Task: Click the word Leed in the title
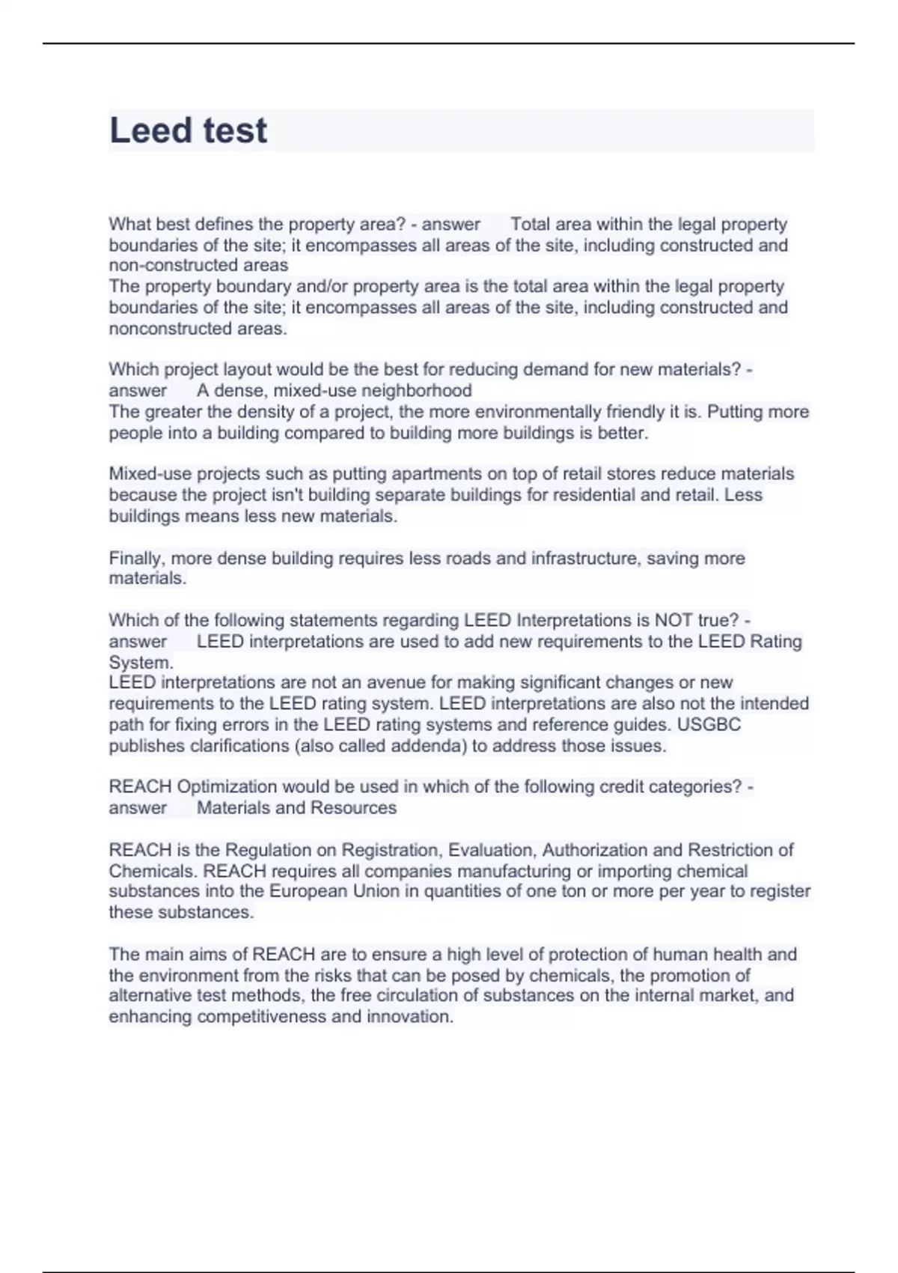click(150, 130)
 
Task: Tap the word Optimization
click(227, 787)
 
